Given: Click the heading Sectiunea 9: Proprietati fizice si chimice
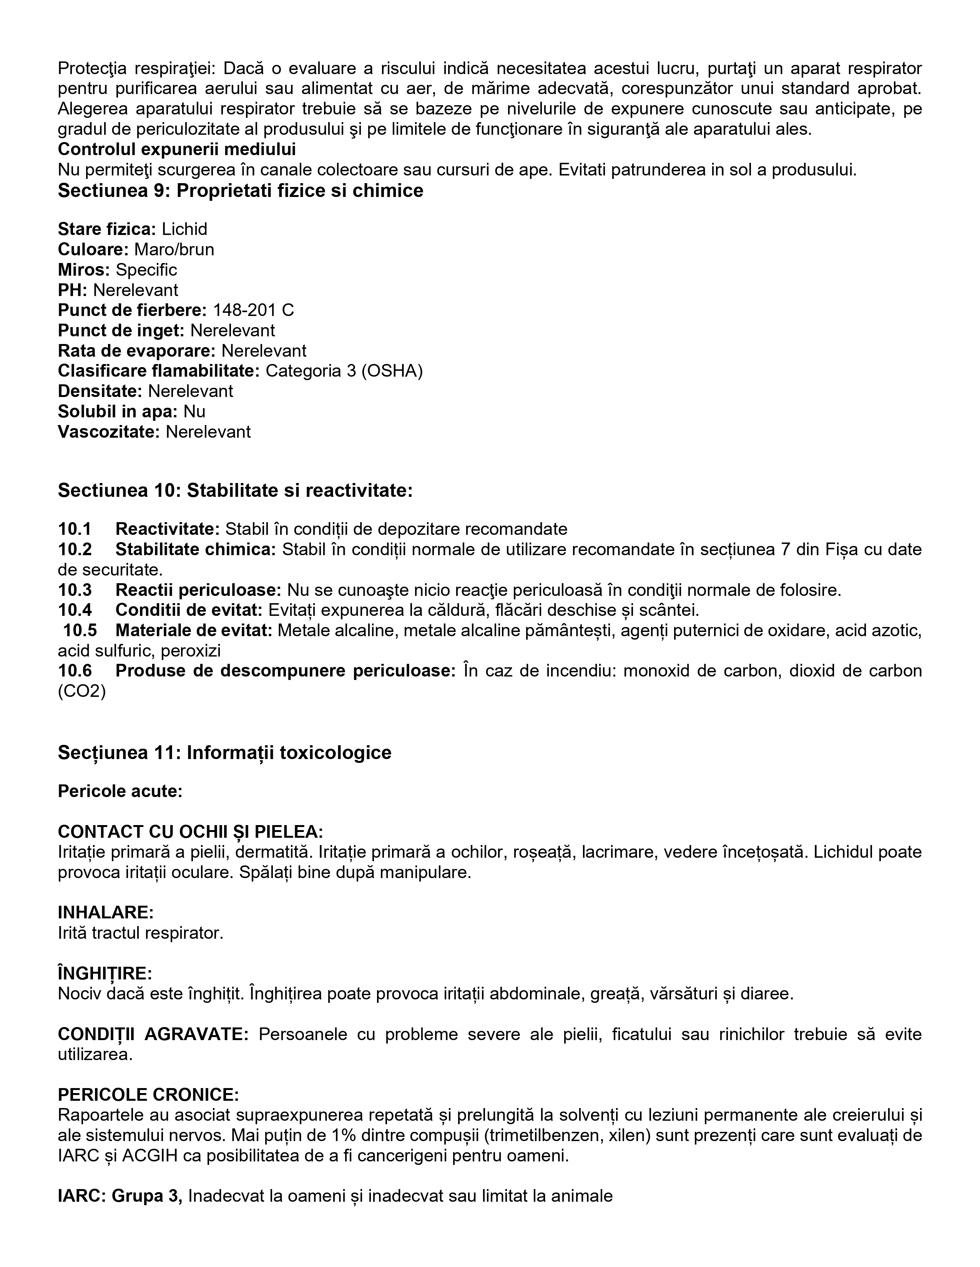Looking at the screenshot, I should (x=240, y=191).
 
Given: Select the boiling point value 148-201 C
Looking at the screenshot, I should (x=253, y=310).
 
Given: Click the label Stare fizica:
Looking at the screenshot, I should (x=107, y=229).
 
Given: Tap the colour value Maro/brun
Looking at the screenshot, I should (x=174, y=250).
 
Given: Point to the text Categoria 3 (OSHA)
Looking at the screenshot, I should (x=344, y=371).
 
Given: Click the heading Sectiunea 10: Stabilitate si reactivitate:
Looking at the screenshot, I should (x=235, y=491).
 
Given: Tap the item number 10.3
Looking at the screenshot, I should (x=75, y=590).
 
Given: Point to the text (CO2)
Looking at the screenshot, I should (x=82, y=691).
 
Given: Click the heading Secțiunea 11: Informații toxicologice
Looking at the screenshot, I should (x=225, y=753).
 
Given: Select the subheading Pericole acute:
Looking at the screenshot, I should (x=120, y=791).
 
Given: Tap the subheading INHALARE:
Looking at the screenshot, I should (x=106, y=913).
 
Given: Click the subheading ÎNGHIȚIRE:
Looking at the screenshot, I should (x=105, y=973).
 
